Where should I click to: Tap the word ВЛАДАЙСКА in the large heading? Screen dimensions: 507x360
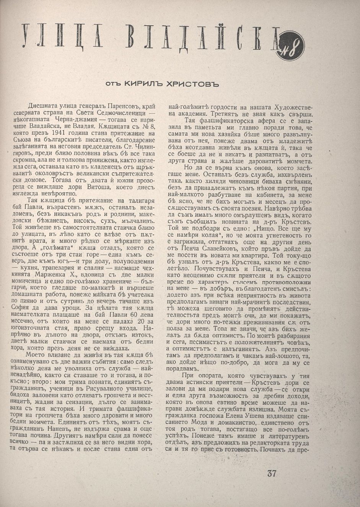click(199, 39)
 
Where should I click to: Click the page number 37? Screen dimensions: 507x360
click(272, 473)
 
